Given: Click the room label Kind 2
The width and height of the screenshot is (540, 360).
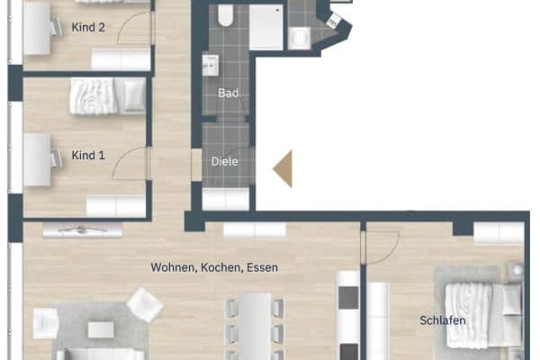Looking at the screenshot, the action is pos(88,27).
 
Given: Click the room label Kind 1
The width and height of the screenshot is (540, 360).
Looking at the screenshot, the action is pos(88,156).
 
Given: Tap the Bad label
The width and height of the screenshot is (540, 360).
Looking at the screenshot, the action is pos(229,93).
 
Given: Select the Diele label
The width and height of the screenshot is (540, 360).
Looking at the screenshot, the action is pos(224,162).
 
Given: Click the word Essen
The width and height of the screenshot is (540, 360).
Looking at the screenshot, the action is pos(263,267).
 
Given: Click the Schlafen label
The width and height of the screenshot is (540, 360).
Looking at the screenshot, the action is pos(443,320).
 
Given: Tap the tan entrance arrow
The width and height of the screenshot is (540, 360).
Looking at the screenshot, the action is pos(283,169).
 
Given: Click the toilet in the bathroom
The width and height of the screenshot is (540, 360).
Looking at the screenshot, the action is pos(226,15).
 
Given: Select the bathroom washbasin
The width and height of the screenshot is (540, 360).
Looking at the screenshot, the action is pos(210,65).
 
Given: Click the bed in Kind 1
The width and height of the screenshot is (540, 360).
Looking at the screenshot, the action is pos(107,95).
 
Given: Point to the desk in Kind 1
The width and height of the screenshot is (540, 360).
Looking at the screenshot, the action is pos(37,160).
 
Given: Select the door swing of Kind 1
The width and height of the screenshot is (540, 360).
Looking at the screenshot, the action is pos(130,163).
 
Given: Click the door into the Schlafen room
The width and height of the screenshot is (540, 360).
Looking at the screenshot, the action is pos(380,247).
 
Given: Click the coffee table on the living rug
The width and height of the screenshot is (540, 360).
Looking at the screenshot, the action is pos(101,329).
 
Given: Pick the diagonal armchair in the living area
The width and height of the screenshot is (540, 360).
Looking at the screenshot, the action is pos(145,305).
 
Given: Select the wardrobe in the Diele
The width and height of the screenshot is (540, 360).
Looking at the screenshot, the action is pos(226,199).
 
